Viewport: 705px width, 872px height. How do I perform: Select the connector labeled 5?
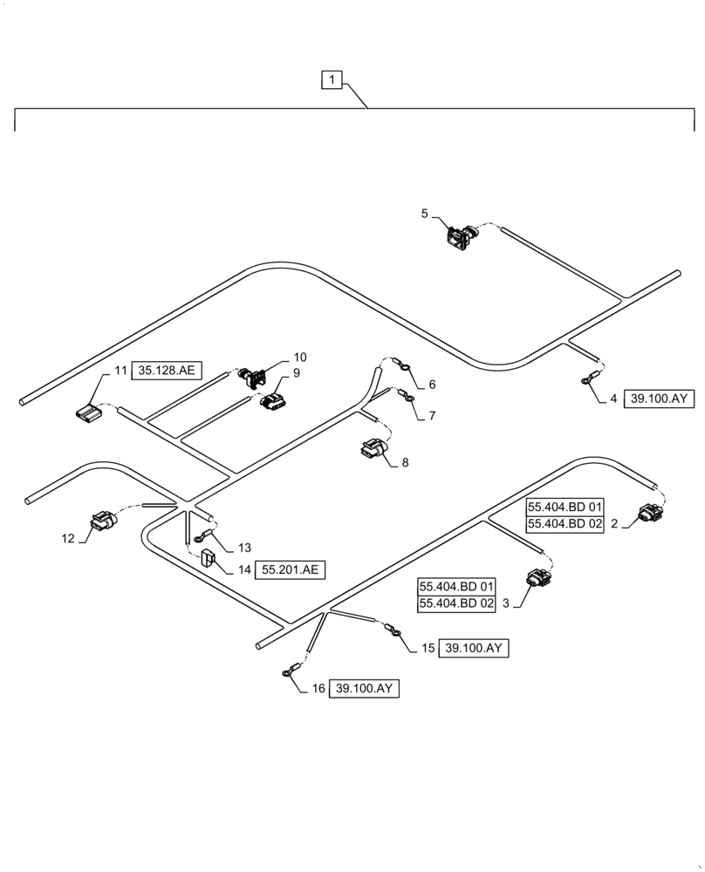click(459, 235)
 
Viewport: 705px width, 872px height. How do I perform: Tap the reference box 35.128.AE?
click(168, 371)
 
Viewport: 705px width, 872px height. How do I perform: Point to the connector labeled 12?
click(101, 521)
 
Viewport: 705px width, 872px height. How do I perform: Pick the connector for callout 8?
click(371, 448)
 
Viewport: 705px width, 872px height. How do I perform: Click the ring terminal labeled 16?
click(287, 671)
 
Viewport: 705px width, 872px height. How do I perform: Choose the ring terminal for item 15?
click(394, 633)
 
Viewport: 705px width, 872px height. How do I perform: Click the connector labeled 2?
click(650, 514)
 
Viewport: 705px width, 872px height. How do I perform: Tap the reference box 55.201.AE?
click(289, 570)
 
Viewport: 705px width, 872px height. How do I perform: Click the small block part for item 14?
click(209, 558)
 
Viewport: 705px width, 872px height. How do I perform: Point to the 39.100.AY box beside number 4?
click(659, 399)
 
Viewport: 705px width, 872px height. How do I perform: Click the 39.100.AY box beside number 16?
click(365, 688)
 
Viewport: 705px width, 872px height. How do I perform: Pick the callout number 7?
click(430, 416)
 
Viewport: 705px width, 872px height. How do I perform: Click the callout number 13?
click(243, 548)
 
